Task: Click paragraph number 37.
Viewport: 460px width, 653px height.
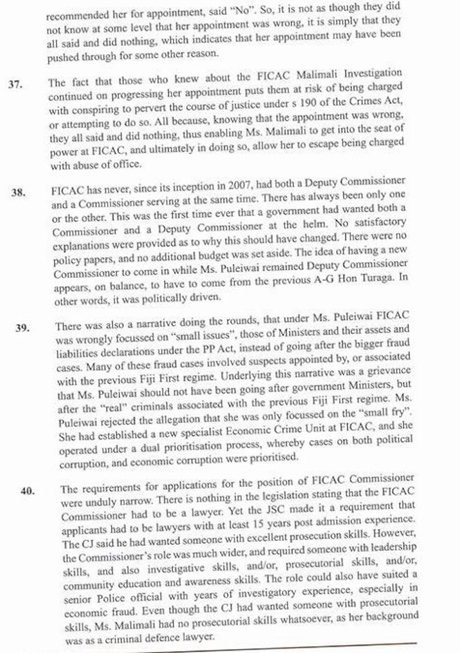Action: coord(15,84)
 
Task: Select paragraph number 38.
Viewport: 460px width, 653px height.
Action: coord(18,192)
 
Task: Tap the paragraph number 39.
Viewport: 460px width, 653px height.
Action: coord(23,328)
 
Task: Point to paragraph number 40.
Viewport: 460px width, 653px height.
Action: coord(27,490)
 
